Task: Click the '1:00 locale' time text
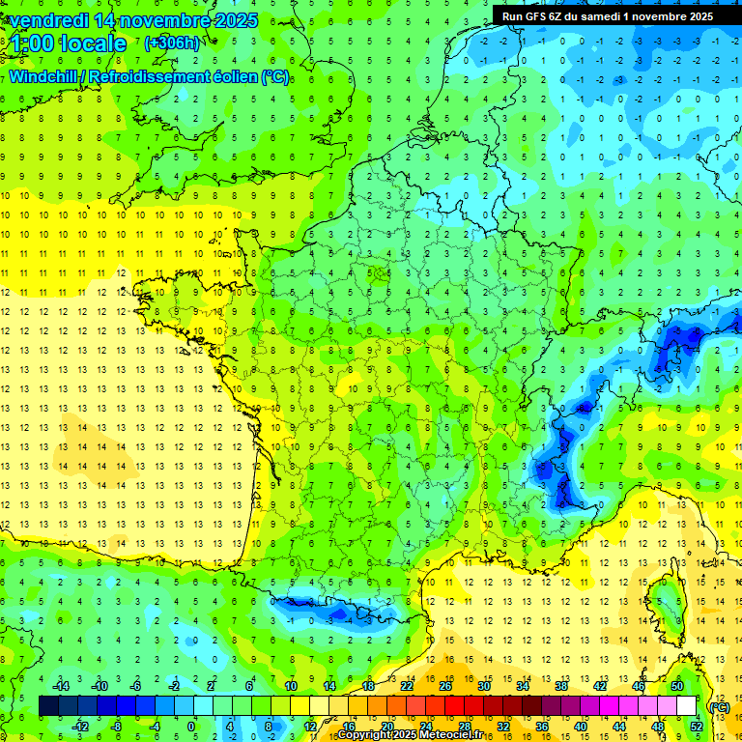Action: point(70,43)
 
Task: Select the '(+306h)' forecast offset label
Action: point(172,43)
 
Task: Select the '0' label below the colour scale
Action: point(191,726)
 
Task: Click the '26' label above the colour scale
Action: point(445,685)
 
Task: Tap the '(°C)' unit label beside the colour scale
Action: point(719,706)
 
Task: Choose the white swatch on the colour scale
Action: point(687,706)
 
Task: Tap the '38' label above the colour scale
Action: point(560,685)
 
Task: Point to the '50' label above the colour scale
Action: point(676,685)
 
